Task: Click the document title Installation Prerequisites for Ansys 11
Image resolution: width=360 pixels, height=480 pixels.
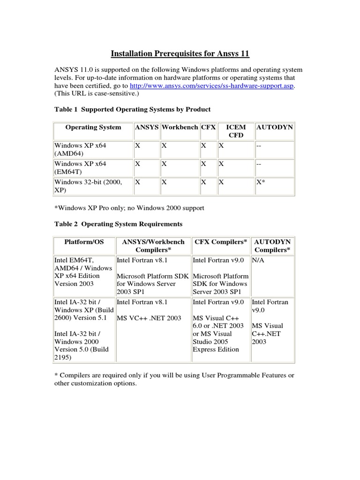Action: (180, 54)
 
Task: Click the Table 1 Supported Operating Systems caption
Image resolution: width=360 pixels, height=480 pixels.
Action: (133, 109)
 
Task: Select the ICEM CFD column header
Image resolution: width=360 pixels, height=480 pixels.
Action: (236, 131)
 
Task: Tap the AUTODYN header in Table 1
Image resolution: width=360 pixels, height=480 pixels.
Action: (274, 127)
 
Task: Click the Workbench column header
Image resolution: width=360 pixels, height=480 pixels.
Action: (180, 127)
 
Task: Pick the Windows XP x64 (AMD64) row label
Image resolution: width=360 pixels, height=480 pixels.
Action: (81, 150)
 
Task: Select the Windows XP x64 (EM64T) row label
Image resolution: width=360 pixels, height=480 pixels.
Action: (81, 168)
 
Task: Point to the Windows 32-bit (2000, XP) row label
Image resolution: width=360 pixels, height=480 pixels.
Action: (88, 186)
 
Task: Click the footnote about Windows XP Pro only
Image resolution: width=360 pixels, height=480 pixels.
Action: (129, 207)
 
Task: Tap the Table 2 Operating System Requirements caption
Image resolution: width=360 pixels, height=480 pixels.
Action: (119, 224)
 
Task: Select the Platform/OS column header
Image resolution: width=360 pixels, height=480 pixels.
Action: (84, 242)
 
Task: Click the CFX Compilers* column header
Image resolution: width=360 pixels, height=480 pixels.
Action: (221, 242)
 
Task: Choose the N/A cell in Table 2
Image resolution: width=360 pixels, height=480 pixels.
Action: (258, 258)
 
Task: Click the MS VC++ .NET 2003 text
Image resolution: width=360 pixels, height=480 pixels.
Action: (149, 318)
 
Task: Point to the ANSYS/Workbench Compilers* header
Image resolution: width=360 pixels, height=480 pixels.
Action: (154, 246)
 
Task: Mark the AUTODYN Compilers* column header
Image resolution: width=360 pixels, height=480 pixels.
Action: (272, 246)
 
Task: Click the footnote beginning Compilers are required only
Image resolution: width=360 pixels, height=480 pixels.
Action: (174, 379)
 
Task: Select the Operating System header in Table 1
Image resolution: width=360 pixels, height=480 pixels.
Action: (93, 127)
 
